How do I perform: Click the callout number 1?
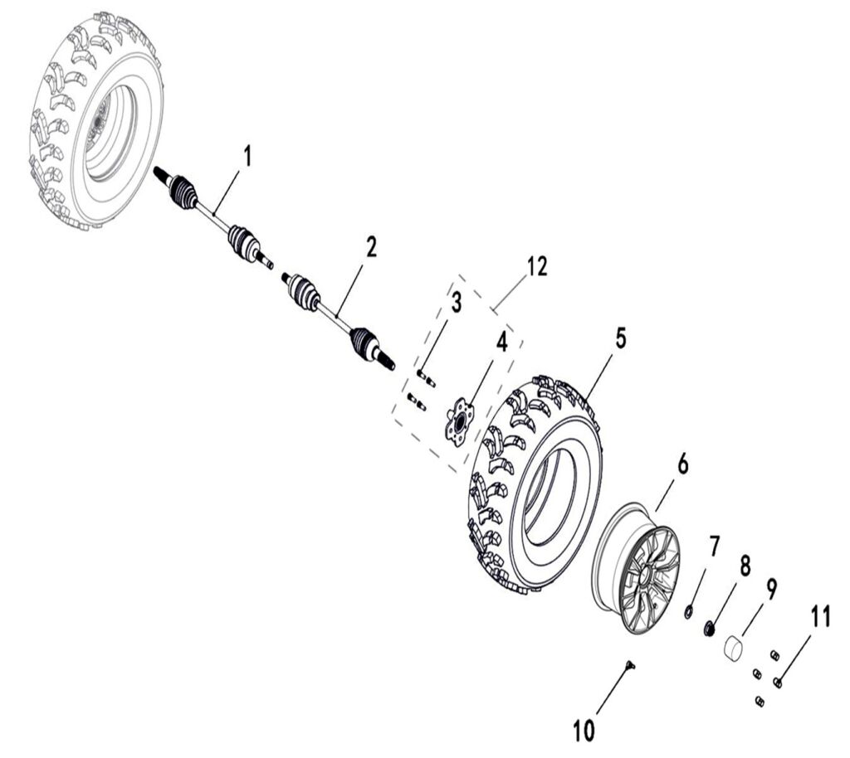[247, 155]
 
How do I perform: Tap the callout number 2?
[371, 246]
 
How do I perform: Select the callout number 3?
[456, 304]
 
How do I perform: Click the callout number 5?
[620, 338]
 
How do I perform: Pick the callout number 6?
[682, 465]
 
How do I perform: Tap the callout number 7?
[714, 547]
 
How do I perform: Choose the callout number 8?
[745, 566]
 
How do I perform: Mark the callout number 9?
[771, 590]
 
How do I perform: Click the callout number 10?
[584, 731]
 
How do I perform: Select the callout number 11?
[820, 618]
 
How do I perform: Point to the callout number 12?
[537, 266]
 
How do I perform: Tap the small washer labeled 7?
[689, 612]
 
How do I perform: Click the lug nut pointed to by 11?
[779, 682]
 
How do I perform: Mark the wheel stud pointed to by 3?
[426, 378]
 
